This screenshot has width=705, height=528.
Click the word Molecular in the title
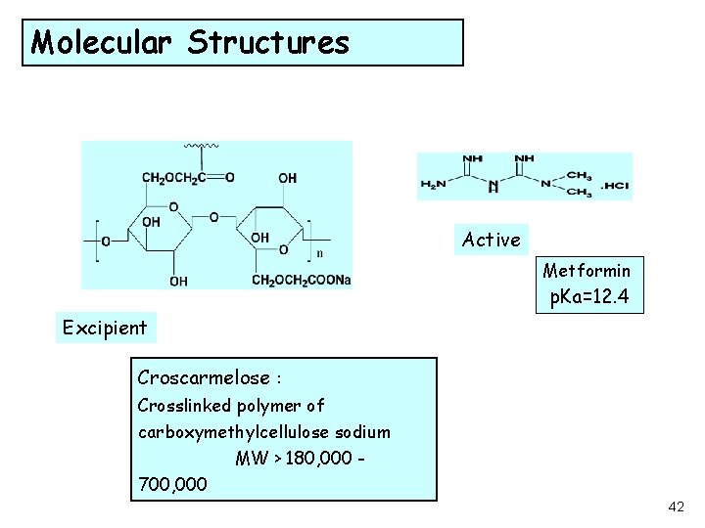[105, 42]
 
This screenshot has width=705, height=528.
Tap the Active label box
[492, 240]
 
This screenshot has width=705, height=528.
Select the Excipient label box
[104, 328]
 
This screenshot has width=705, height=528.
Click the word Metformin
[587, 271]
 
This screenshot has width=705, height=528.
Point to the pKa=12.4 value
[590, 295]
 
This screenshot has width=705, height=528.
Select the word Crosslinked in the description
[184, 405]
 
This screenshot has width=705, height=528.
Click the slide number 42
[676, 506]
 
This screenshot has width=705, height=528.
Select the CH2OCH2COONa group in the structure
[301, 281]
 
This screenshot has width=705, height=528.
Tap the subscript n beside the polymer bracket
[319, 252]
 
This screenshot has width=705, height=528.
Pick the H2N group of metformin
[431, 185]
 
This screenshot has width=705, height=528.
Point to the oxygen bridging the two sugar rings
[214, 216]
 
